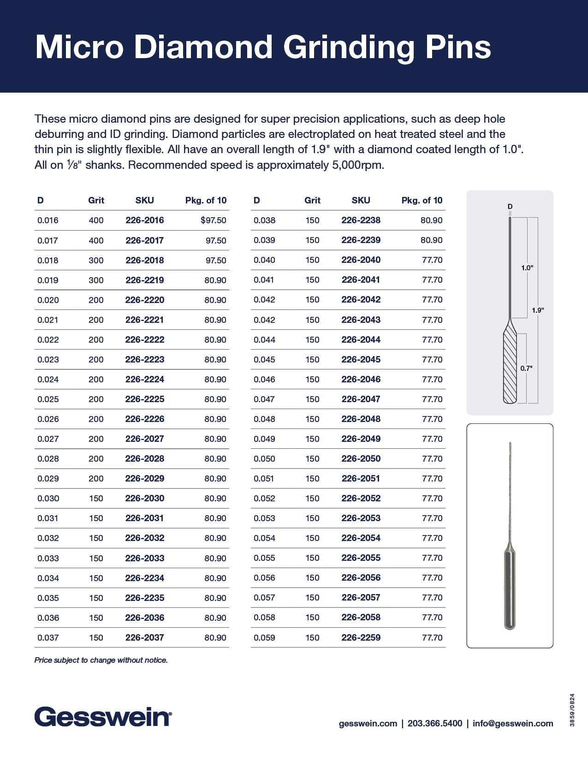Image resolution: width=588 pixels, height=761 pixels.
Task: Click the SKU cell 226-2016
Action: (144, 220)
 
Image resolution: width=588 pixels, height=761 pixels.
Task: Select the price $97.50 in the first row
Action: (214, 220)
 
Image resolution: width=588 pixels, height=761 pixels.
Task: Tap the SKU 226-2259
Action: (361, 637)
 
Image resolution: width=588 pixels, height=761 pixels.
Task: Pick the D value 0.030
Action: (48, 499)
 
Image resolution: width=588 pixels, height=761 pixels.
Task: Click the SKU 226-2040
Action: (361, 260)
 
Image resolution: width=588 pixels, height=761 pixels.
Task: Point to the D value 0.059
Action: (264, 637)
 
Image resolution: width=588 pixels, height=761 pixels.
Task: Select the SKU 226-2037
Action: (144, 637)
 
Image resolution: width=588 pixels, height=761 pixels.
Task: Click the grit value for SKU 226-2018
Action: (96, 261)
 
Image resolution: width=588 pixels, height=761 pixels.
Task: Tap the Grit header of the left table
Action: (96, 201)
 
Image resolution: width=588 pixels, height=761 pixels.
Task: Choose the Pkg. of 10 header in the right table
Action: (422, 201)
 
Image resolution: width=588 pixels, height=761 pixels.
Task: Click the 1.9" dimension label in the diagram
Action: (538, 310)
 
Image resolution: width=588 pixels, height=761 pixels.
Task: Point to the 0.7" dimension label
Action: (526, 369)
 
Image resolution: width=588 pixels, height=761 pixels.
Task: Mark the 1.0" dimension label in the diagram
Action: (527, 268)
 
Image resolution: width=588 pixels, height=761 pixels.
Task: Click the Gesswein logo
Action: (103, 718)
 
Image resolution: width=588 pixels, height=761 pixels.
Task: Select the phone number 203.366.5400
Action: (435, 723)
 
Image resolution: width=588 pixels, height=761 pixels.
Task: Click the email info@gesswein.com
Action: (513, 723)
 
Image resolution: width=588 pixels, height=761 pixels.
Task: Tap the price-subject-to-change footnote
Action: (101, 660)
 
